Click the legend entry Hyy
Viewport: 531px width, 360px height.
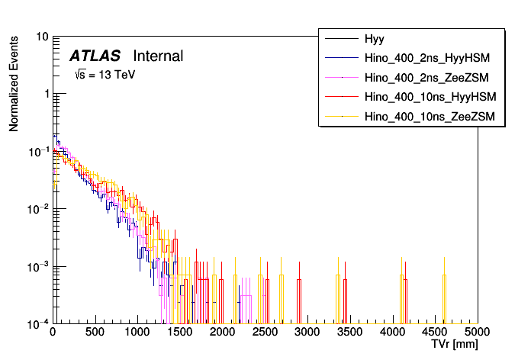click(375, 37)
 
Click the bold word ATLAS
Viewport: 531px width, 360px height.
click(95, 56)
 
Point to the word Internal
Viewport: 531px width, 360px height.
click(158, 56)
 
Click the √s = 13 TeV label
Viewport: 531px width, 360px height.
click(105, 76)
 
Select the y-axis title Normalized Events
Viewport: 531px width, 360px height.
click(14, 82)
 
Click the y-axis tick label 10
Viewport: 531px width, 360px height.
click(43, 37)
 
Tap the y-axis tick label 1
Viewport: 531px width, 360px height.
click(47, 94)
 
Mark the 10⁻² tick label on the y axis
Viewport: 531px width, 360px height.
click(40, 208)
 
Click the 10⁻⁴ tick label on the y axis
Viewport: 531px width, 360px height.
click(40, 323)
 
